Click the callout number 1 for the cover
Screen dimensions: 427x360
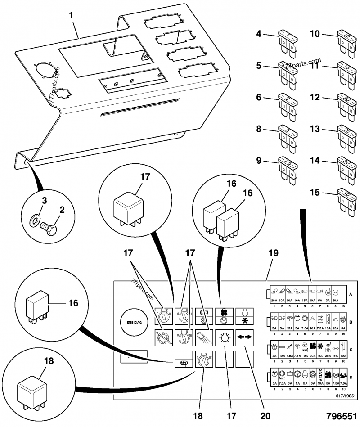(x=71, y=16)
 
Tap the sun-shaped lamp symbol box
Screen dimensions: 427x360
(x=224, y=336)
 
